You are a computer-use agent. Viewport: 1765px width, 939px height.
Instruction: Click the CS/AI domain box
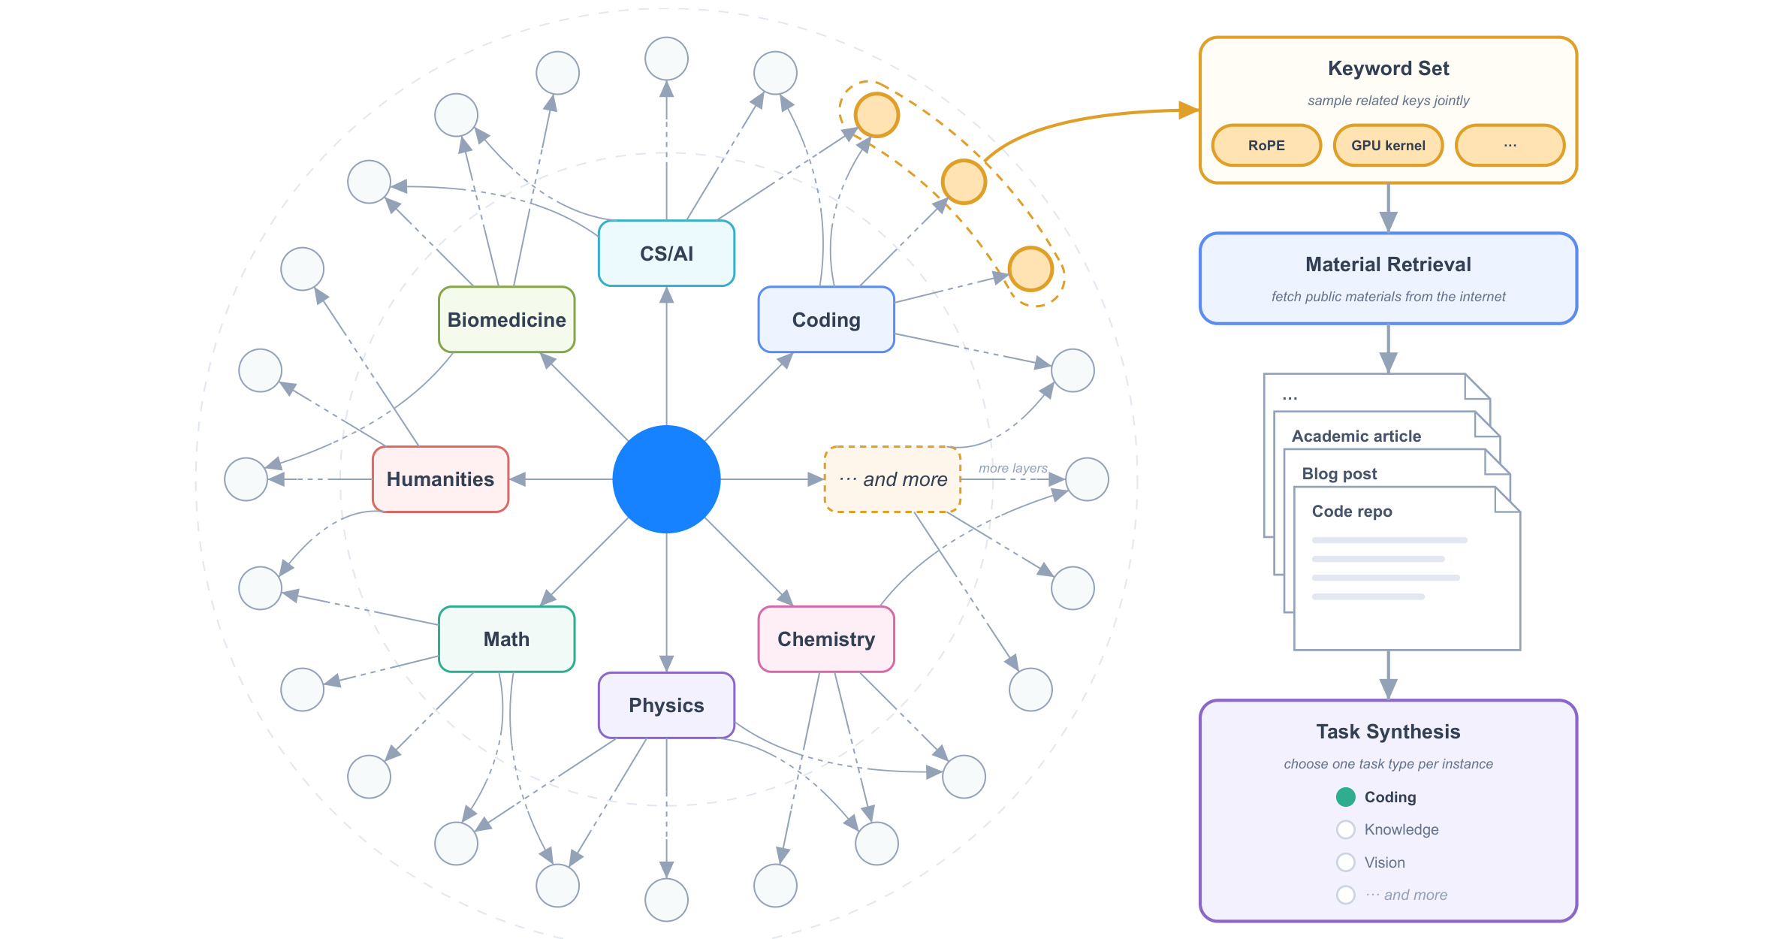coord(666,253)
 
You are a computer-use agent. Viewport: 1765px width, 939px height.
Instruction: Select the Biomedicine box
coord(506,319)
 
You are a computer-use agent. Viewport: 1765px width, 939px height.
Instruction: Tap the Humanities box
coord(440,479)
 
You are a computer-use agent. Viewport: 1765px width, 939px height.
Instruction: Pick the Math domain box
coord(506,639)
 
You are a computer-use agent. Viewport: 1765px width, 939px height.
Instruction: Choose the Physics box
coord(666,705)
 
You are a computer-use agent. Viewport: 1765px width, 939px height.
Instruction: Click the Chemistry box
coord(826,639)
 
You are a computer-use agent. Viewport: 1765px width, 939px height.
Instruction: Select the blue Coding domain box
coord(826,319)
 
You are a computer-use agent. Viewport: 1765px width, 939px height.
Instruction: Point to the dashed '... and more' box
coord(892,479)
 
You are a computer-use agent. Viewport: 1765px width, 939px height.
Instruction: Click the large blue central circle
coord(666,479)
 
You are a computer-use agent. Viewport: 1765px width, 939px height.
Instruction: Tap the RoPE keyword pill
coord(1266,145)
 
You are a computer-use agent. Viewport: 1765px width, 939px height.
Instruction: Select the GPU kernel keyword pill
coord(1388,145)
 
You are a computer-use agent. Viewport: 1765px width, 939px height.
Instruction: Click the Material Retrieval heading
coord(1388,264)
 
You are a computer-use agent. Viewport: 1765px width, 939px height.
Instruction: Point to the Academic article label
coord(1356,436)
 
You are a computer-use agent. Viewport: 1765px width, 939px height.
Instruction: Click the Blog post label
coord(1339,473)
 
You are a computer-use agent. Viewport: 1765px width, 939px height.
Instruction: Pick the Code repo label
coord(1352,511)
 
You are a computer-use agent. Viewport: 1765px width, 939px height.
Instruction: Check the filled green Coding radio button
coord(1345,797)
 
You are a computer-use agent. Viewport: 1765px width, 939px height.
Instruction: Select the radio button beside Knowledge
coord(1345,829)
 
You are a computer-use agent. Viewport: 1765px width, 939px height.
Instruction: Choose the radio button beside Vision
coord(1345,862)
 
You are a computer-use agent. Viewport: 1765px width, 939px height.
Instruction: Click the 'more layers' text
coord(1012,468)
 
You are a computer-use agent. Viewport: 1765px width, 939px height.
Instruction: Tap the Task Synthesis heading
coord(1388,732)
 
